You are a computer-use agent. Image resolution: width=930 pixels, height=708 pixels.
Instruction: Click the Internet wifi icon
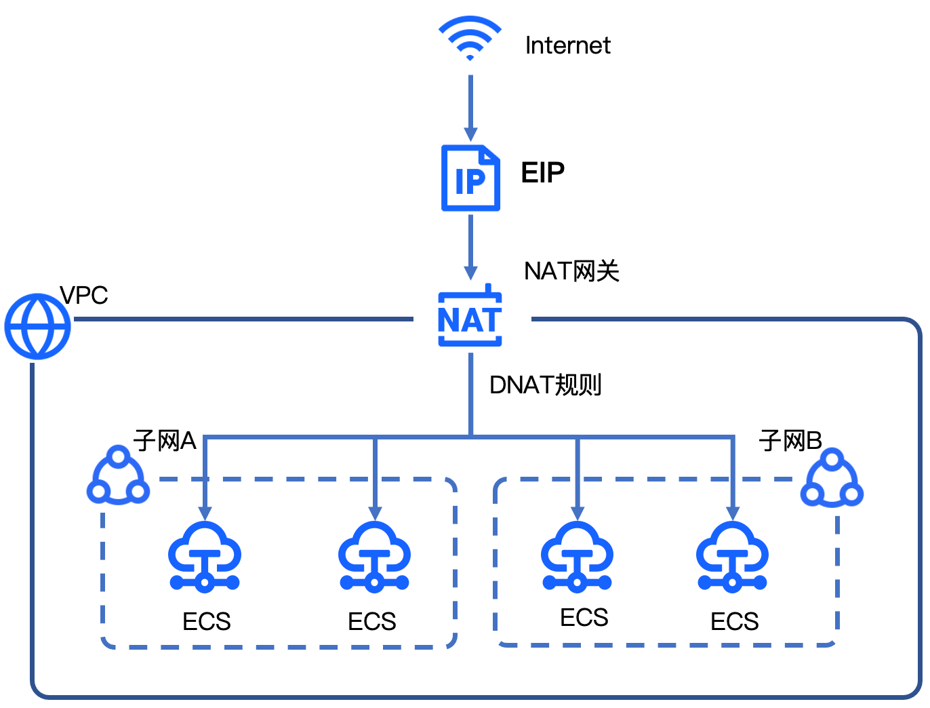(x=470, y=39)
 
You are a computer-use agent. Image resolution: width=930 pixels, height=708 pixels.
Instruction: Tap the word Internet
(x=567, y=45)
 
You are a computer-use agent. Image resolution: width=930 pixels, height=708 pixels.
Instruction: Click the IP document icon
(x=470, y=178)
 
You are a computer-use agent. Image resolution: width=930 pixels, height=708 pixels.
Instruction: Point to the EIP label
(x=542, y=173)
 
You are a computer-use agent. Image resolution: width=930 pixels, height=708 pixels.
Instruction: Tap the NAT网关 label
(x=571, y=271)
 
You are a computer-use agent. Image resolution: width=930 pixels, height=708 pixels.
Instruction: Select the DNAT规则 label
(x=545, y=385)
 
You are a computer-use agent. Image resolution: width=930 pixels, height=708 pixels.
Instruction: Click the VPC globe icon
(x=38, y=326)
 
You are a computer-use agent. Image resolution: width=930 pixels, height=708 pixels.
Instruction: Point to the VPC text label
(x=84, y=296)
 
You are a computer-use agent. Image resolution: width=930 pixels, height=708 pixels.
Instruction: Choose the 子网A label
(x=165, y=441)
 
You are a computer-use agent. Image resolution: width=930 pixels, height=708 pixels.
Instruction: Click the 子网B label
(x=790, y=441)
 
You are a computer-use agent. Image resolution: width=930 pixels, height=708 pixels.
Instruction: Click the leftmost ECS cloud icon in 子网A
(x=205, y=556)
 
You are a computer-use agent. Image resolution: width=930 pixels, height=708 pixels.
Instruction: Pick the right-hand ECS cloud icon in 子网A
(x=375, y=556)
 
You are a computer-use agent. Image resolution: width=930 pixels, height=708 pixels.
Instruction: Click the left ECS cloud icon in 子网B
(x=577, y=556)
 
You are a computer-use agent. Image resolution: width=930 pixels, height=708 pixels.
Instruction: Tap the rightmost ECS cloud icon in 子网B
(x=732, y=556)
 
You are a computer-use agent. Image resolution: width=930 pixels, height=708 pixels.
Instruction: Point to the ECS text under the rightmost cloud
(x=734, y=621)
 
